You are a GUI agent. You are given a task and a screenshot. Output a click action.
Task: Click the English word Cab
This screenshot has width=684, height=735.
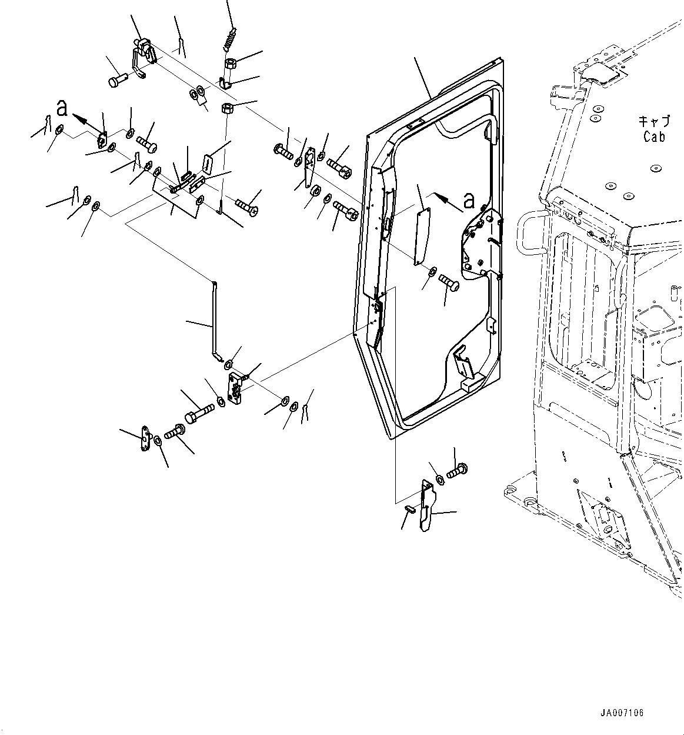coord(654,137)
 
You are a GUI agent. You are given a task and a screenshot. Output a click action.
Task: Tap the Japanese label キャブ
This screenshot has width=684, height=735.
coord(654,122)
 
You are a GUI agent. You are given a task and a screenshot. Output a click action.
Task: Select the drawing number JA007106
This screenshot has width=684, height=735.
coord(622,713)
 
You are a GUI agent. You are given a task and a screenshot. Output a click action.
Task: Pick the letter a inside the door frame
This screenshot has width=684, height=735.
coord(468,201)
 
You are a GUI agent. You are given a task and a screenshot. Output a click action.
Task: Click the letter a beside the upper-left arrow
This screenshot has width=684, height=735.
coord(62,108)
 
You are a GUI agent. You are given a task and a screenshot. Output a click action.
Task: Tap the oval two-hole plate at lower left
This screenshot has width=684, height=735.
coord(145,440)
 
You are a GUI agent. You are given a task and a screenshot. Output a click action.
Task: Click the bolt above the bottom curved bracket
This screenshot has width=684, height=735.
coord(457,471)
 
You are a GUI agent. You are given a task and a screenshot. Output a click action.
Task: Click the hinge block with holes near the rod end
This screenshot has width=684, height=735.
coord(237,388)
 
